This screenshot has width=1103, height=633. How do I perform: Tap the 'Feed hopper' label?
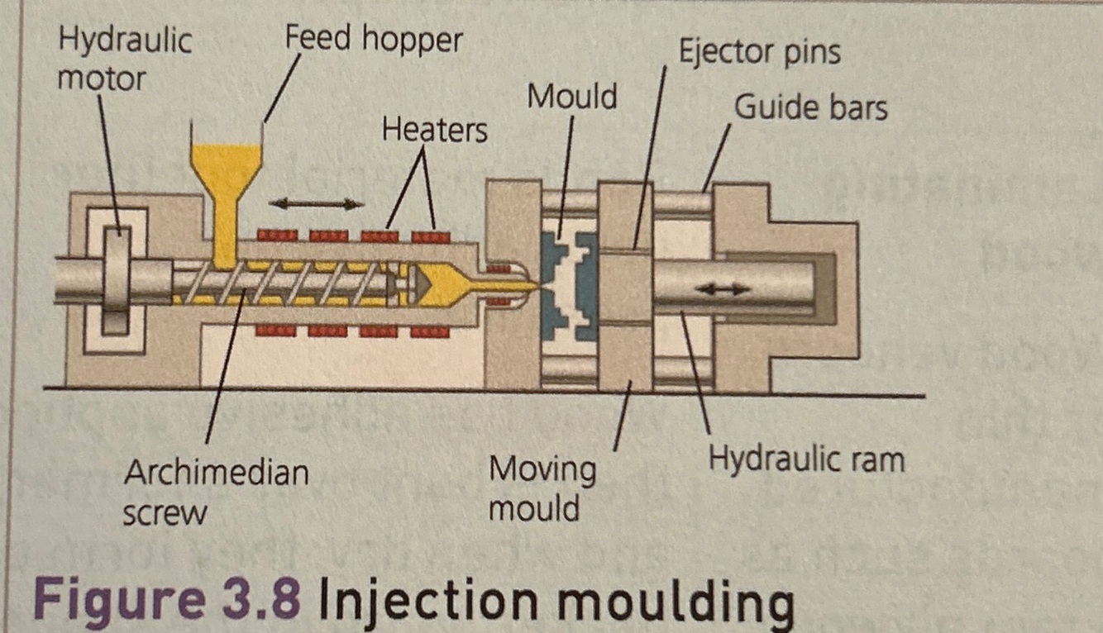pos(374,39)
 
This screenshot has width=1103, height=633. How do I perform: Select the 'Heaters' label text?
pos(434,130)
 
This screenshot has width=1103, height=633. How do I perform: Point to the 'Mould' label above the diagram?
pos(572,98)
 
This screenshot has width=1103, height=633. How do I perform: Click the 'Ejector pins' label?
pos(759,52)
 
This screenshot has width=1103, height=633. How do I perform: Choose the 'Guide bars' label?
pos(810,107)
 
